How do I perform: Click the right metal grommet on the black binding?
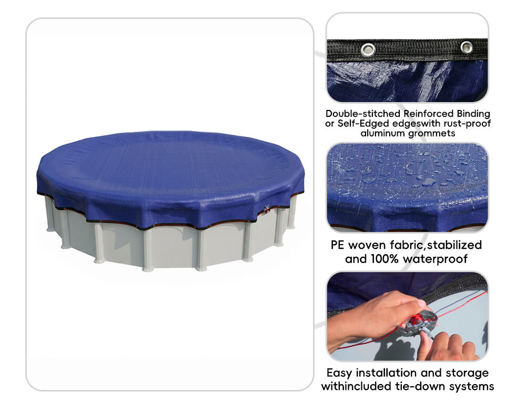466,47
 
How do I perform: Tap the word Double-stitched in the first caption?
363,114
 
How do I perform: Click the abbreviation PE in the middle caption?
338,245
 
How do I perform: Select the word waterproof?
435,259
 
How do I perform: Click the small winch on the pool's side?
266,209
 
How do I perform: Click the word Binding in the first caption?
473,114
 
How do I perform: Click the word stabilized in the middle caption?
454,245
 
